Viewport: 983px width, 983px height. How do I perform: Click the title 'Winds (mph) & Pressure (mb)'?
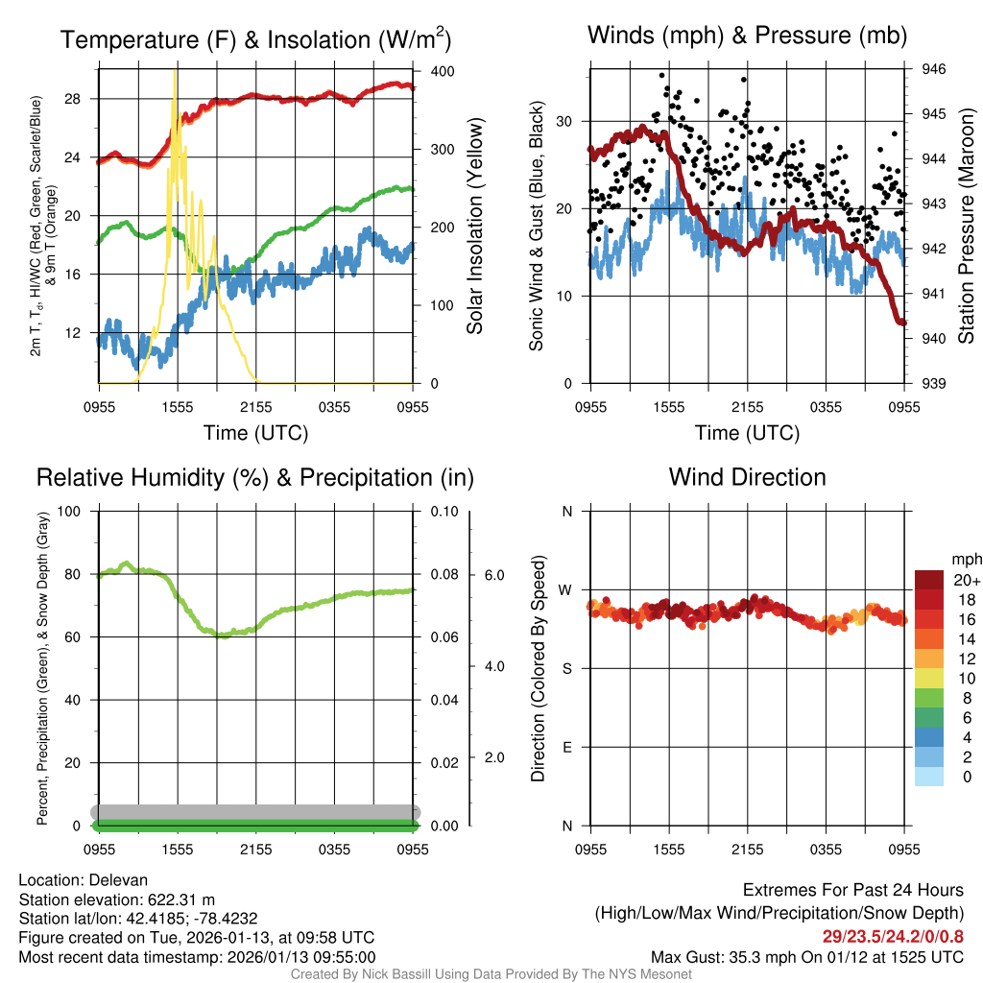click(747, 36)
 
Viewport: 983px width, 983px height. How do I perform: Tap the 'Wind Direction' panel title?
click(747, 477)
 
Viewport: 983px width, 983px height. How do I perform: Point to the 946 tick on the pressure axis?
click(934, 69)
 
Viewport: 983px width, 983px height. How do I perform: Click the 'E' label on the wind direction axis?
click(566, 747)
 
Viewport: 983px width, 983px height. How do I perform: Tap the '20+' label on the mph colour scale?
click(965, 580)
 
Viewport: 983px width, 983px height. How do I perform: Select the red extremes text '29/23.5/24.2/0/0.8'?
click(893, 936)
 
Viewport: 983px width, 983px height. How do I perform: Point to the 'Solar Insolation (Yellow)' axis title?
click(474, 227)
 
